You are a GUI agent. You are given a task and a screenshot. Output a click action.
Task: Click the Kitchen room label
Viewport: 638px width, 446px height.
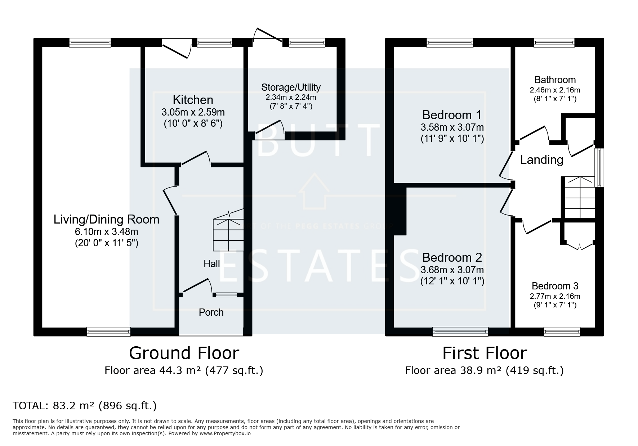193,100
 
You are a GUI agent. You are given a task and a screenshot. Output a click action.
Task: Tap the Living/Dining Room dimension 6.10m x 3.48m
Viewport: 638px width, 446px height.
106,231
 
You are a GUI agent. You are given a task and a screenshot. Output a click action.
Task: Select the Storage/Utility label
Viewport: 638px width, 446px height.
291,87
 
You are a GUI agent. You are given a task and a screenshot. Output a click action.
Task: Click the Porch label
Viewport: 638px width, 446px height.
211,312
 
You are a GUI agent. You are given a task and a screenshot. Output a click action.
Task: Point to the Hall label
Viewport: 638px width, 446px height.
211,264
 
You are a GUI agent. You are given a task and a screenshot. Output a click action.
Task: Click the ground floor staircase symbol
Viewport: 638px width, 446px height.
228,232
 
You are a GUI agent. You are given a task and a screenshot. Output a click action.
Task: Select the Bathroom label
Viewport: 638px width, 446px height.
555,80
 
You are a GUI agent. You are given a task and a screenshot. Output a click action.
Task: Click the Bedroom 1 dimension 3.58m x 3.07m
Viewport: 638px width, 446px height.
452,127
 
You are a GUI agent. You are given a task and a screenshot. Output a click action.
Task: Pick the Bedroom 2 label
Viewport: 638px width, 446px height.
452,257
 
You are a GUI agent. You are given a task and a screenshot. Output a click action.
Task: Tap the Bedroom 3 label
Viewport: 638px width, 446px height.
555,286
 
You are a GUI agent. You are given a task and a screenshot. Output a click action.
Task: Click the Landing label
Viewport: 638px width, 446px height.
541,159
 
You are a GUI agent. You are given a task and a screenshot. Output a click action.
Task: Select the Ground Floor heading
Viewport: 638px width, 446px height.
184,353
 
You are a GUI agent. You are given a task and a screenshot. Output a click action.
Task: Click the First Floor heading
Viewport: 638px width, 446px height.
484,353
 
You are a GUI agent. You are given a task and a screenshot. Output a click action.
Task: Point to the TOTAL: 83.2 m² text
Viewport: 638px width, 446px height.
85,406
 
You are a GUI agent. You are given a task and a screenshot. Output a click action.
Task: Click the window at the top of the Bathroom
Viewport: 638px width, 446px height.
554,43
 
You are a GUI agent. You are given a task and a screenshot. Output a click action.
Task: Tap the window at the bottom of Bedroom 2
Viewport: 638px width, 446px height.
460,332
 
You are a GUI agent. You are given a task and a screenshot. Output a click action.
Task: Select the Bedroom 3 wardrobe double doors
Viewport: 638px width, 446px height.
579,246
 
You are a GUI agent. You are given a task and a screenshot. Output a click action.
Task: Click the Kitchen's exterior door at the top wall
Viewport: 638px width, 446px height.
177,50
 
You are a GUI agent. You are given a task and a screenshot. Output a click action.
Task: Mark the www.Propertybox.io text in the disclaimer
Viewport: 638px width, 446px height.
225,433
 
